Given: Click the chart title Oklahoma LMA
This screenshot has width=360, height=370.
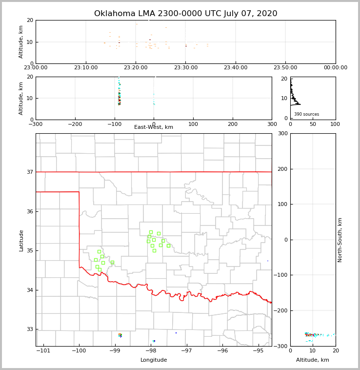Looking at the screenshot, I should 185,14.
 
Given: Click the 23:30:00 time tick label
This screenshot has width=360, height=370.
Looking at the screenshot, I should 185,68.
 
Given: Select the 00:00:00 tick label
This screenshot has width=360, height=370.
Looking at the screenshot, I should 335,68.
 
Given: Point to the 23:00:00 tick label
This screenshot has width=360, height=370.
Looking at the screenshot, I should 36,68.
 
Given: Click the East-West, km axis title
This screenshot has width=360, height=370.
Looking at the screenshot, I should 154,127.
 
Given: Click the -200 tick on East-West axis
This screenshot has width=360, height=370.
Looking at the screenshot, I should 75,124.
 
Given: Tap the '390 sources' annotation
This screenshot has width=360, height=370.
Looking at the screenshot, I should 306,114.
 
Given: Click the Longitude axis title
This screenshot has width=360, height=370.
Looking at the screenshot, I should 154,360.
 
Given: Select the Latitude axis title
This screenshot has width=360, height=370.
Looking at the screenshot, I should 21,240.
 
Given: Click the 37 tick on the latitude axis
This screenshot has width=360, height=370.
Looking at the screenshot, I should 29,172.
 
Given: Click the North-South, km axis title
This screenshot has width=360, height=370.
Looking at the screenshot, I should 340,240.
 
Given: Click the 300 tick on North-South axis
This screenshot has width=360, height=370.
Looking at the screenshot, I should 282,133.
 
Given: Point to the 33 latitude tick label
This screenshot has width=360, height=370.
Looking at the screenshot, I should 29,329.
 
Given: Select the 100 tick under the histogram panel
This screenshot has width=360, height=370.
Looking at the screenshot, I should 335,124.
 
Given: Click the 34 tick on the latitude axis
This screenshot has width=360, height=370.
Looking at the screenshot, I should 29,290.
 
